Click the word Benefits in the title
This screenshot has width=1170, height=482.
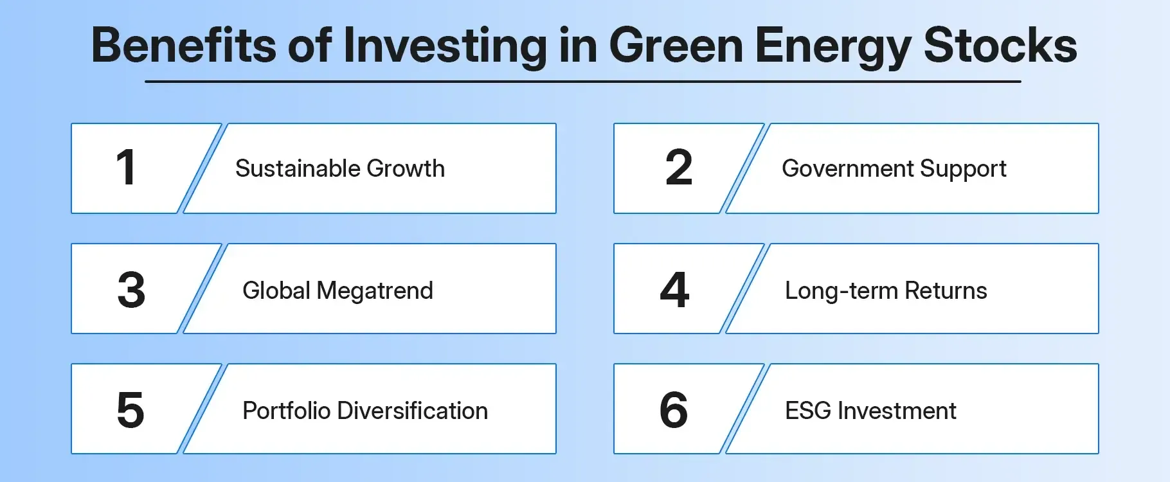(183, 46)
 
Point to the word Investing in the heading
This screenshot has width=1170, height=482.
(445, 46)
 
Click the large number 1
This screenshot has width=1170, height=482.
(127, 168)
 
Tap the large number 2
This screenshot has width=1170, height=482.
(679, 168)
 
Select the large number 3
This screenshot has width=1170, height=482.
(131, 290)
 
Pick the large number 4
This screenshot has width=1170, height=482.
(674, 290)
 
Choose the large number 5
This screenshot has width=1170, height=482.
(130, 409)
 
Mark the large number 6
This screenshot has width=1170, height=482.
(674, 409)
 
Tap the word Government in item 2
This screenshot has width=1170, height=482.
(848, 168)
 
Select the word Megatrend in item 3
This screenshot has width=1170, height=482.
(375, 290)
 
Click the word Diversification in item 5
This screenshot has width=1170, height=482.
(421, 411)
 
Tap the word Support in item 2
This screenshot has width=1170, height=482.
(963, 168)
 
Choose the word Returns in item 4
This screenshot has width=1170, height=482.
(946, 290)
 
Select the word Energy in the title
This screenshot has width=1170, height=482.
(833, 46)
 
